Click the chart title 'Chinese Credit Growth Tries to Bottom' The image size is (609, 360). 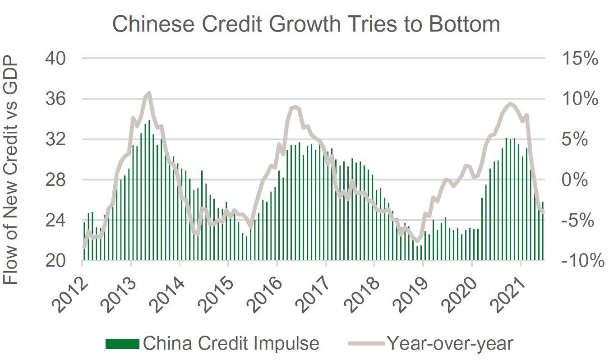(x=306, y=23)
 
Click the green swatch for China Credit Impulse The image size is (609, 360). (x=122, y=344)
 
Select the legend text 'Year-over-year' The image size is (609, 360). (x=450, y=344)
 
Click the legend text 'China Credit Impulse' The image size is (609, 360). (x=231, y=344)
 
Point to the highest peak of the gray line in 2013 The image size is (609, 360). (x=148, y=93)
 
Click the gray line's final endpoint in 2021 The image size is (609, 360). (x=544, y=212)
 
